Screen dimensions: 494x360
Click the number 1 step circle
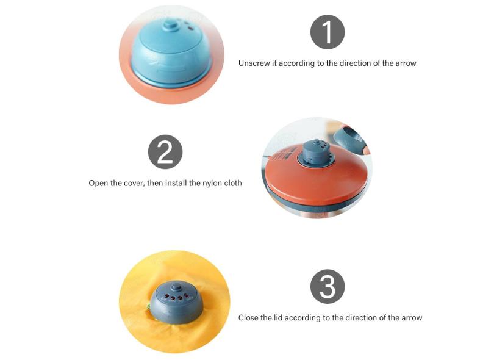(328, 32)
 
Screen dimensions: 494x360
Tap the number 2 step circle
(165, 152)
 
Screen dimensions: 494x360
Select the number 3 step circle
(328, 287)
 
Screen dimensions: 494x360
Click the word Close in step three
(248, 318)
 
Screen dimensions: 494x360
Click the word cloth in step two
(233, 183)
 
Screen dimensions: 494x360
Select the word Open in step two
(98, 184)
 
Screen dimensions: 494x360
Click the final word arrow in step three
(412, 318)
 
